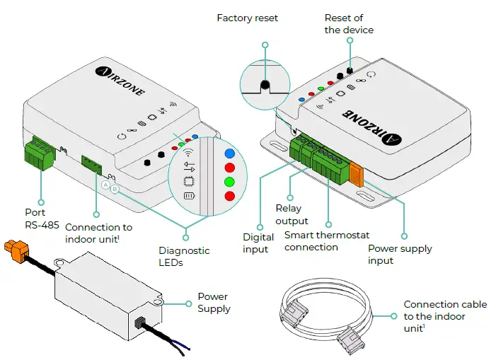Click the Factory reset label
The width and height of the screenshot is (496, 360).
(x=248, y=17)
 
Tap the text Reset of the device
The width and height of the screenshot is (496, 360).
(x=349, y=23)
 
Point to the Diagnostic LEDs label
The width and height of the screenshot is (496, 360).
(x=184, y=256)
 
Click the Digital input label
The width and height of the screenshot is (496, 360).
(x=259, y=243)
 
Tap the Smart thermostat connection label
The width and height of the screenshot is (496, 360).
(x=326, y=241)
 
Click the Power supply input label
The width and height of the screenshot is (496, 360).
(x=400, y=255)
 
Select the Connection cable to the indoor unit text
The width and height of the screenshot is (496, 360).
(x=445, y=316)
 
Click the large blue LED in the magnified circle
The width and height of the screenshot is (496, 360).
(x=229, y=152)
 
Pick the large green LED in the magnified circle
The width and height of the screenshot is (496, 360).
(x=229, y=182)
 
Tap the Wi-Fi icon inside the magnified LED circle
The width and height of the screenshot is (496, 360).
(x=188, y=153)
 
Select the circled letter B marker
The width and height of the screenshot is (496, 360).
(x=115, y=190)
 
